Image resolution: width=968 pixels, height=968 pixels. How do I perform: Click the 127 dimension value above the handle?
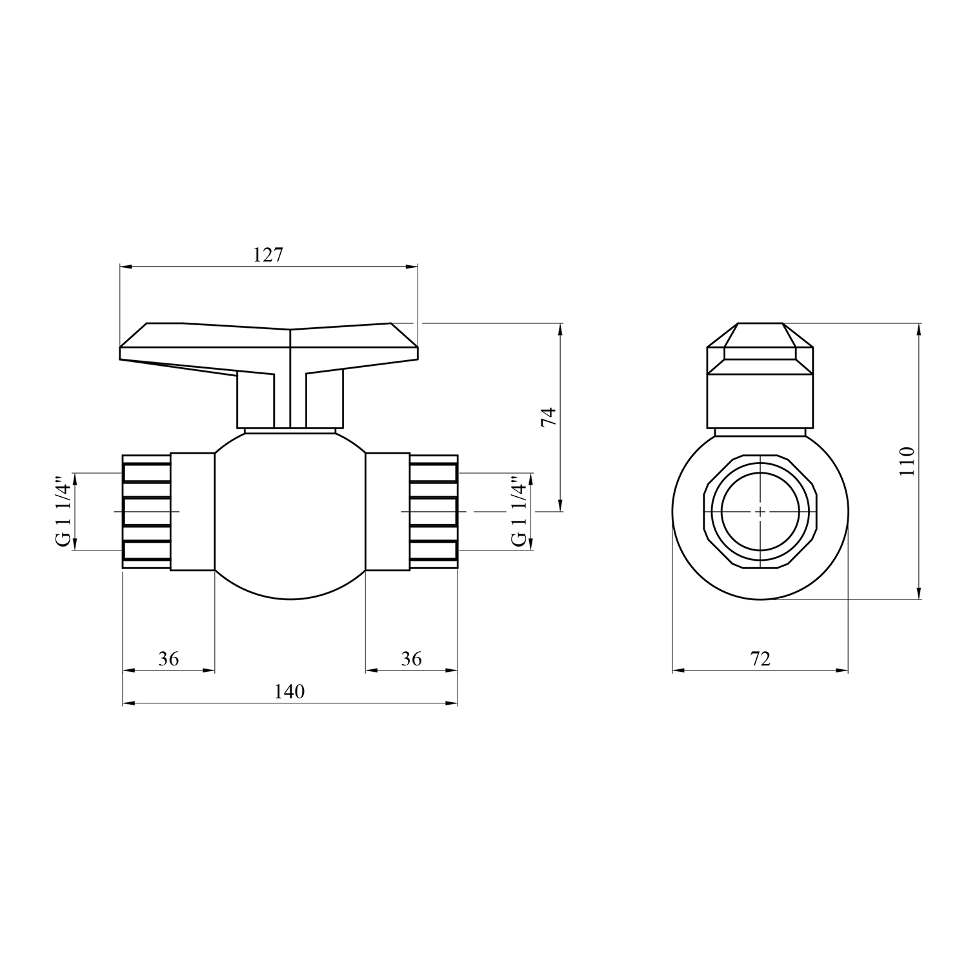pyautogui.click(x=268, y=255)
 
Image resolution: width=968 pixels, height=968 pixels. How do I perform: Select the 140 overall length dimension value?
pyautogui.click(x=289, y=692)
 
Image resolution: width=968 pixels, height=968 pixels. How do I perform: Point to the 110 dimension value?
pyautogui.click(x=907, y=461)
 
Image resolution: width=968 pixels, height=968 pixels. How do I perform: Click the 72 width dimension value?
pyautogui.click(x=760, y=659)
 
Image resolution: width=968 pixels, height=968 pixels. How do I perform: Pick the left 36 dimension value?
pyautogui.click(x=168, y=659)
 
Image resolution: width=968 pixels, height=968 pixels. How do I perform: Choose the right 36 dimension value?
pyautogui.click(x=411, y=659)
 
